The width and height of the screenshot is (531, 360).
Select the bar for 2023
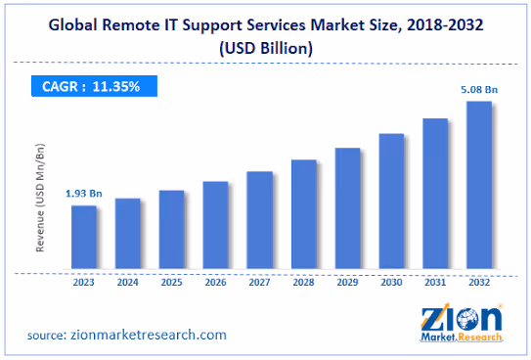click(83, 238)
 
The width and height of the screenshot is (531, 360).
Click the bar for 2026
click(214, 225)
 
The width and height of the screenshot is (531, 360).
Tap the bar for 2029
click(347, 208)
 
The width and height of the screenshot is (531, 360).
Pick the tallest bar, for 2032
click(478, 185)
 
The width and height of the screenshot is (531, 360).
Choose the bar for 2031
click(434, 194)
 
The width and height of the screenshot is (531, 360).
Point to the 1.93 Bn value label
click(82, 194)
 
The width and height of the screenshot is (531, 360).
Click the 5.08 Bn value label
click(478, 90)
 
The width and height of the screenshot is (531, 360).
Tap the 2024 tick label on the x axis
click(127, 282)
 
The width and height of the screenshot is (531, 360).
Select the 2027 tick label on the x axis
click(259, 282)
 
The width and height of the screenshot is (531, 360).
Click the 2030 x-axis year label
click(391, 282)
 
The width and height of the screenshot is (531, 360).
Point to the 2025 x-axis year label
click(171, 282)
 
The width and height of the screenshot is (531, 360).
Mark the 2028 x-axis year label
click(303, 282)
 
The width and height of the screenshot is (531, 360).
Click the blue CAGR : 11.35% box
click(87, 86)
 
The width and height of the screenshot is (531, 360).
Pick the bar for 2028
click(303, 214)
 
